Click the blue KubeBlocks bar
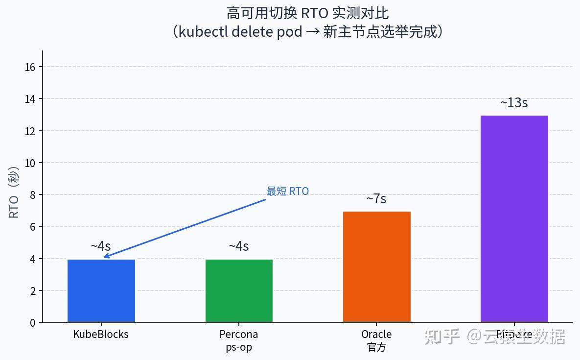[x=101, y=290]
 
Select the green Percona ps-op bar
[x=239, y=290]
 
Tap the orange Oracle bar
[x=376, y=266]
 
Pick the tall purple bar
[x=514, y=218]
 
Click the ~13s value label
[x=514, y=103]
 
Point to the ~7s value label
[x=376, y=199]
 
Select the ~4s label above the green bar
[x=239, y=246]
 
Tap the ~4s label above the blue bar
[x=101, y=246]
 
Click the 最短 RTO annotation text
[x=287, y=192]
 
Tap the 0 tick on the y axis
[x=33, y=323]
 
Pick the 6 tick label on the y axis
[x=33, y=227]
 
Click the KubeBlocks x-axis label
[x=101, y=335]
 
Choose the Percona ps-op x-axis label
[x=239, y=341]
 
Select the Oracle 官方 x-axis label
[x=376, y=341]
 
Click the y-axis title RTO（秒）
[x=14, y=192]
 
